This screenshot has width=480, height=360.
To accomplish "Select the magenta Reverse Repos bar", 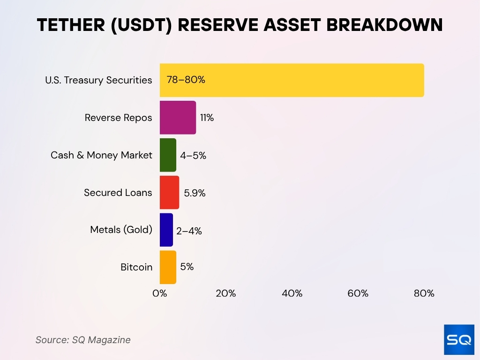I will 178,118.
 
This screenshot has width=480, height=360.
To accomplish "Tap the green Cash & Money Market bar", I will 168,155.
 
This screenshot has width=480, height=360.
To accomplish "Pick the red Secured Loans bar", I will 169,193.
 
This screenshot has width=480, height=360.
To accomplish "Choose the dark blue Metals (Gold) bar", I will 166,230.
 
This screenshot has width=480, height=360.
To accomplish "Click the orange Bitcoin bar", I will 168,267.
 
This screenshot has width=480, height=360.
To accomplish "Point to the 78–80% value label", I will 186,80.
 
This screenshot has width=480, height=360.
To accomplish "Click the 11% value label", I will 207,118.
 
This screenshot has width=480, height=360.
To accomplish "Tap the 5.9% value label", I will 195,193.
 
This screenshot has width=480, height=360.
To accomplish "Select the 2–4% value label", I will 189,231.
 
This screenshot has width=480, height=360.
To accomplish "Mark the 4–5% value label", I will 193,156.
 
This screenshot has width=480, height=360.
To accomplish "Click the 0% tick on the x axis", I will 160,294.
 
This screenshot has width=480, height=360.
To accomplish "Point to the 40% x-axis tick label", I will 292,294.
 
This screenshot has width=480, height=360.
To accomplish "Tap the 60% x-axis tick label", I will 358,294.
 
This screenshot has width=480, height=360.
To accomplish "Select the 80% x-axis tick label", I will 424,294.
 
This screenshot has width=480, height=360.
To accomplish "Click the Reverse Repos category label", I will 118,118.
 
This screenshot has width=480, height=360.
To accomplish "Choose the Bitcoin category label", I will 136,267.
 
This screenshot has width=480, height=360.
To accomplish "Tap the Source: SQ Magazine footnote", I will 83,340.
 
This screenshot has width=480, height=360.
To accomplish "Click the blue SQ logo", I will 459,339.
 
